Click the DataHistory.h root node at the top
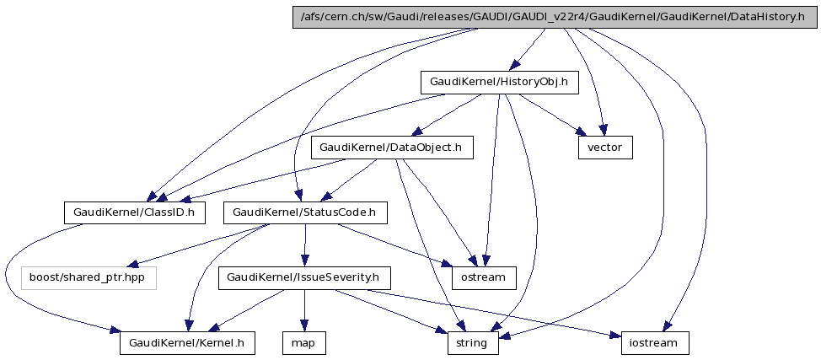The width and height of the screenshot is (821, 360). click(554, 17)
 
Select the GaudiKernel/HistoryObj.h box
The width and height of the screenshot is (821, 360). click(499, 82)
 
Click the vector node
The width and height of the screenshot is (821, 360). click(604, 148)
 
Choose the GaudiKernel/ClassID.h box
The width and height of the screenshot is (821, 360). click(135, 212)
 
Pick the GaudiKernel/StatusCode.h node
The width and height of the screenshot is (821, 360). click(305, 212)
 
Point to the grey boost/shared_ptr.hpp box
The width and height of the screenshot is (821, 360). click(89, 277)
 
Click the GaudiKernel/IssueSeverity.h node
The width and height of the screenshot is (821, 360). click(304, 277)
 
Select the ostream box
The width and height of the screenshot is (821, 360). click(484, 277)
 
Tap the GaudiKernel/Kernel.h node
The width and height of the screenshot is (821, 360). click(187, 343)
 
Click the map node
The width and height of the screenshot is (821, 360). click(303, 343)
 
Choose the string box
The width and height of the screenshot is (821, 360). click(473, 343)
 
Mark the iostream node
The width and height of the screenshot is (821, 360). click(656, 343)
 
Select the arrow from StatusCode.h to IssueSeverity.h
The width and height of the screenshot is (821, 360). click(304, 244)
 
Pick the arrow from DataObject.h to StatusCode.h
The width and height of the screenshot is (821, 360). click(352, 179)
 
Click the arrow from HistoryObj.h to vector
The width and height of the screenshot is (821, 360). click(549, 113)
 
